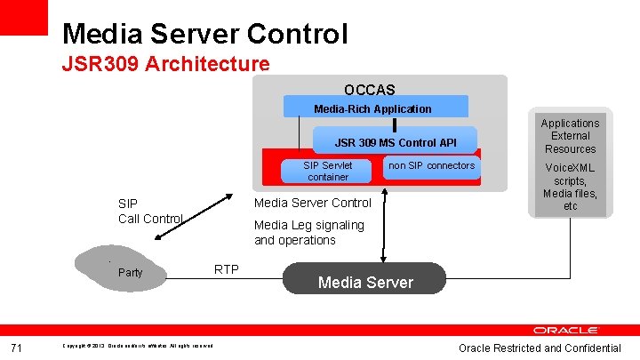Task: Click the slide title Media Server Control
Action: coord(204,34)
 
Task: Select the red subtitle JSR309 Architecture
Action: coord(165,64)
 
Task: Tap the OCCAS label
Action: coord(369,90)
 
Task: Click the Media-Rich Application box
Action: coord(372,108)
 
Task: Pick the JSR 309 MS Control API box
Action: coord(395,142)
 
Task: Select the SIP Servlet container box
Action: coord(328,171)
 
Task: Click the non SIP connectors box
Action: coord(432,166)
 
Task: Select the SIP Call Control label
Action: coord(149,211)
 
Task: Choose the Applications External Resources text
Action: coord(570,136)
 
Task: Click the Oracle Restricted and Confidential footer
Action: coord(540,348)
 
